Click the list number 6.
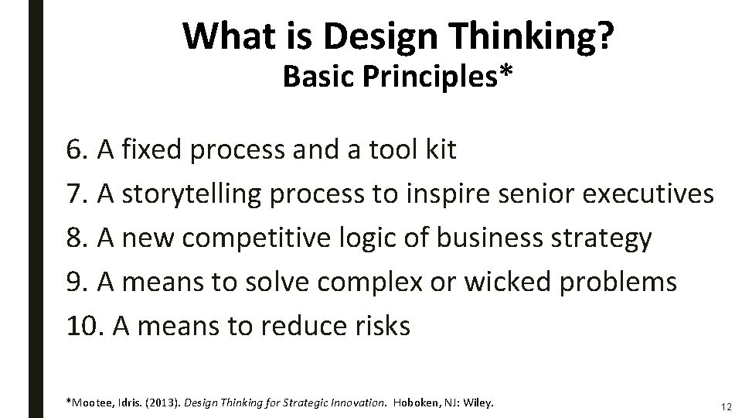[x=77, y=150]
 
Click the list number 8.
[x=77, y=238]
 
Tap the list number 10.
[x=83, y=327]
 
